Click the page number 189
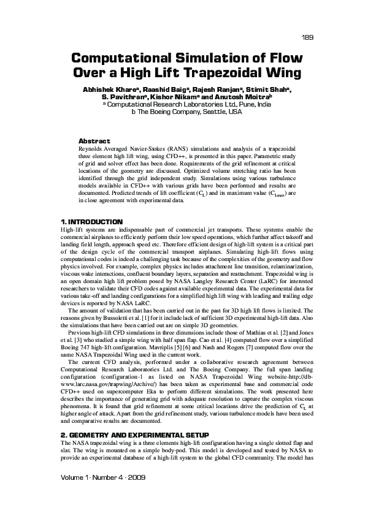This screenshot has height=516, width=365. point(308,37)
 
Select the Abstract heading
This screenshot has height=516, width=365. point(95,141)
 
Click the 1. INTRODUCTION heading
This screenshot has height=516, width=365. point(91,221)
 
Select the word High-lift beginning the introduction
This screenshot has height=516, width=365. point(71,229)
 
